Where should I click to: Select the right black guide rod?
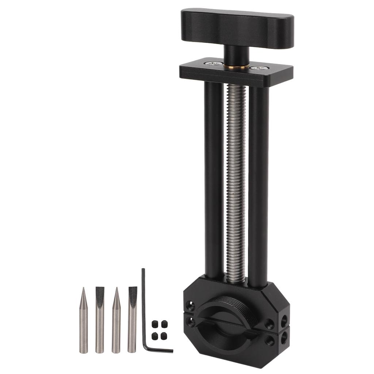(258, 183)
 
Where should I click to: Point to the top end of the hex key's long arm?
(143, 271)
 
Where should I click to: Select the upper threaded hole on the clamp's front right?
(270, 323)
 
